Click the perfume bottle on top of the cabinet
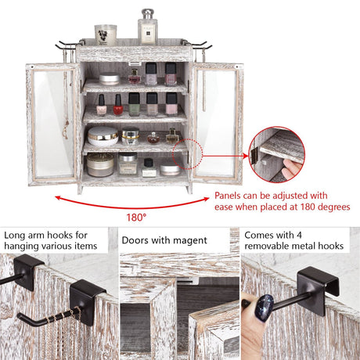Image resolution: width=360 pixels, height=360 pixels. pos(146,28)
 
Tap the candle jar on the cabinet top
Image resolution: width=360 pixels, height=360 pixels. pos(106,34)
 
